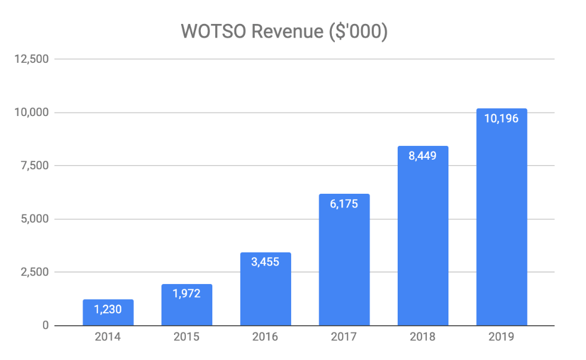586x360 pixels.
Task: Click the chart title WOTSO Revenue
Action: [284, 32]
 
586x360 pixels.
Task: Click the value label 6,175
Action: [344, 205]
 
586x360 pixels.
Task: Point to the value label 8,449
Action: [423, 156]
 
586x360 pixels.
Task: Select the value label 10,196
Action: [501, 118]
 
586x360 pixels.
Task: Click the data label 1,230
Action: [108, 310]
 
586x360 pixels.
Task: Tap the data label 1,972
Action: [187, 294]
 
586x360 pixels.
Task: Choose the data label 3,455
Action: [265, 262]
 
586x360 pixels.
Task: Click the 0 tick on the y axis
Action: [45, 325]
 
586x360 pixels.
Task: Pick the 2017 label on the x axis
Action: [344, 337]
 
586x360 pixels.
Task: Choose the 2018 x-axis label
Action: [423, 337]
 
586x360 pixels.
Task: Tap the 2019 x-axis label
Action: [501, 337]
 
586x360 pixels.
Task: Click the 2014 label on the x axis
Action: [108, 337]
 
